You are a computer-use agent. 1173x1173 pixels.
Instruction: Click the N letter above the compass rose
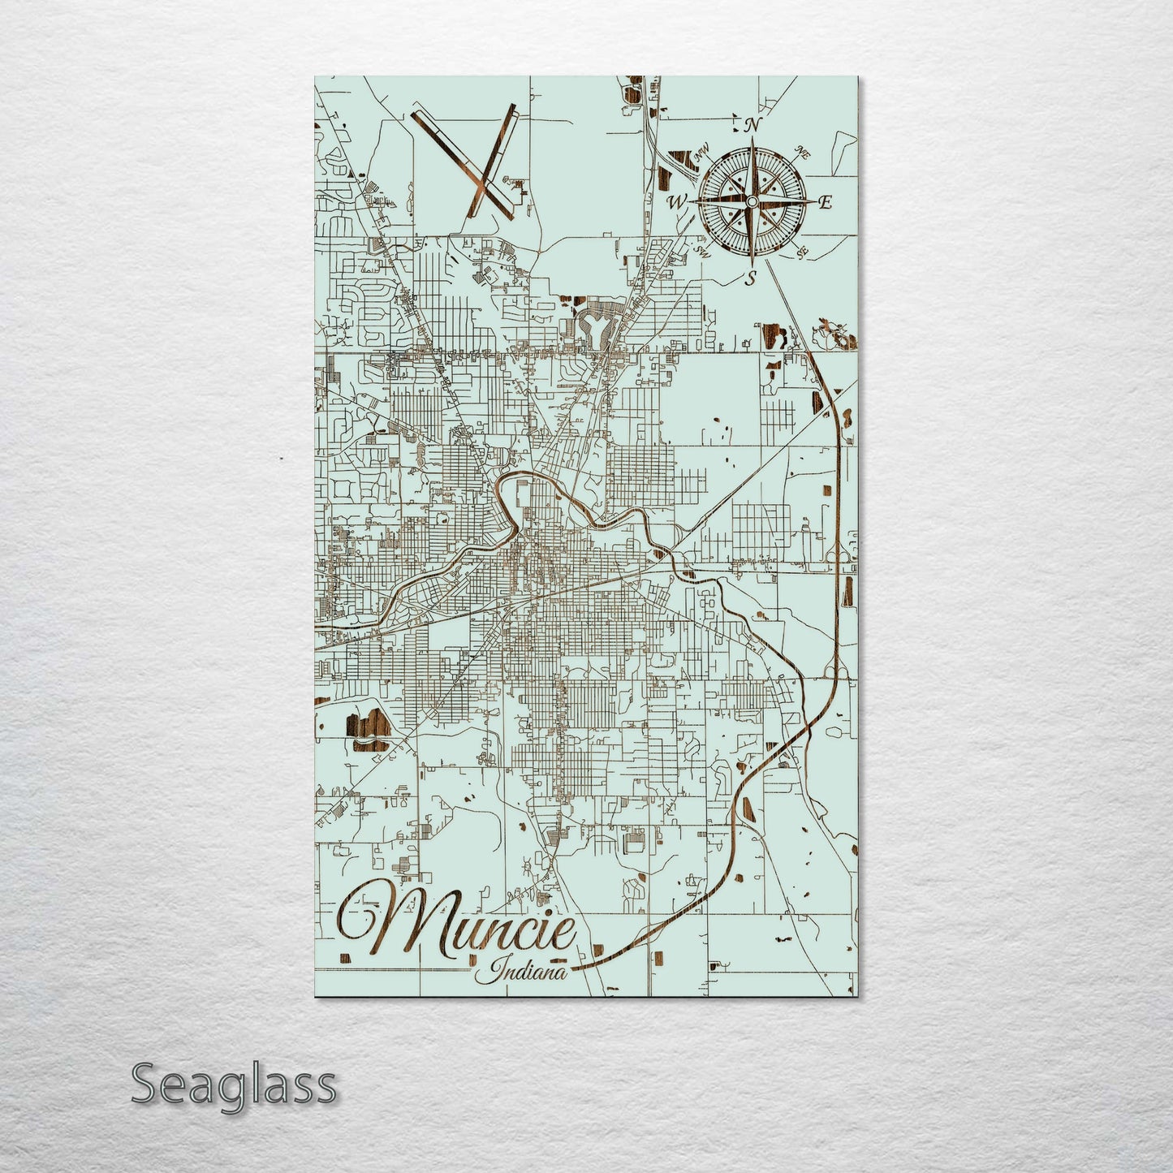click(x=753, y=126)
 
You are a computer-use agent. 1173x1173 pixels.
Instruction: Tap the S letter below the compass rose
click(x=751, y=278)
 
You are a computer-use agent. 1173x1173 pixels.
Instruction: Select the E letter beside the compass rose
click(x=825, y=202)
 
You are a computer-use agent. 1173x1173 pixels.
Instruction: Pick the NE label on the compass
click(x=803, y=151)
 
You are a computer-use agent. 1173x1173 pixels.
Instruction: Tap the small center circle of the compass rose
click(x=752, y=201)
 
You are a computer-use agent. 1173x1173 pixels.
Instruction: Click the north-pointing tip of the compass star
click(x=752, y=141)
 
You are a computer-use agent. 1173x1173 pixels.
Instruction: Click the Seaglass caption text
click(x=234, y=1084)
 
